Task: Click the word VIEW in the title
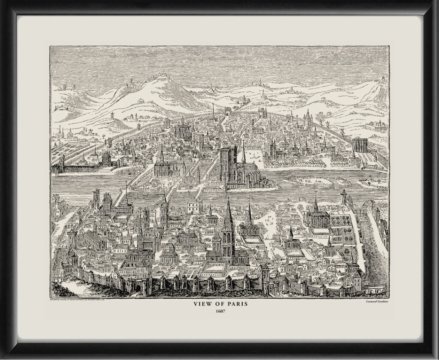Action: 201,304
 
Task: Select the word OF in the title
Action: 218,304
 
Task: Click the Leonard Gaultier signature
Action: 373,300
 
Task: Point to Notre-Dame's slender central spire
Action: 243,152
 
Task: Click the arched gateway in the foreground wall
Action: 138,288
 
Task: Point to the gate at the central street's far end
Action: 227,112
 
